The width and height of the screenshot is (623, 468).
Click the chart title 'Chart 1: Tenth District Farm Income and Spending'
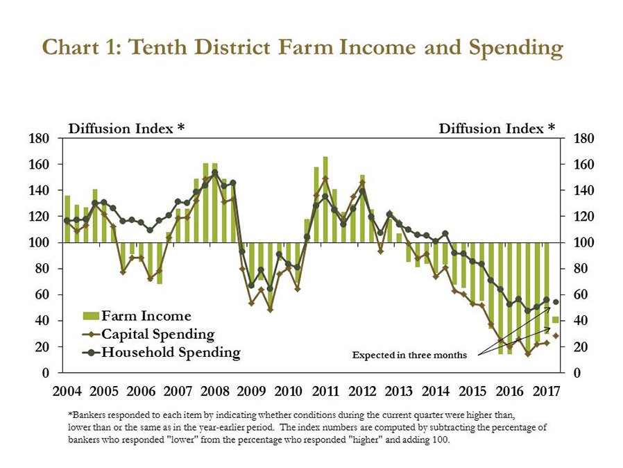tap(302, 48)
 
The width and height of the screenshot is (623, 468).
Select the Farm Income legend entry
tap(146, 317)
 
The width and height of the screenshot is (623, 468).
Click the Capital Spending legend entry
tap(157, 334)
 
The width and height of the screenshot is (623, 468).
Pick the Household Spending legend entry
tap(170, 352)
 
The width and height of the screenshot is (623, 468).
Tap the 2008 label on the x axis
tap(214, 391)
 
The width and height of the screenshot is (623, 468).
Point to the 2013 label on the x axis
tap(399, 391)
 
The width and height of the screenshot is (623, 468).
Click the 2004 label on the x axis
tap(67, 391)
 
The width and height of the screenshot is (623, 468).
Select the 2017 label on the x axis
tap(546, 391)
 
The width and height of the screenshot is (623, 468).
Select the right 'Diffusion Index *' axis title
tap(497, 128)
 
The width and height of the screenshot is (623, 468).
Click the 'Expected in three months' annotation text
tap(410, 356)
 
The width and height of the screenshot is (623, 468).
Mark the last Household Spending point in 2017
tap(556, 302)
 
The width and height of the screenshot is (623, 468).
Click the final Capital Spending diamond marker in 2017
tap(556, 336)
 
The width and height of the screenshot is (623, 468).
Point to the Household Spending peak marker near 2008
tap(214, 173)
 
